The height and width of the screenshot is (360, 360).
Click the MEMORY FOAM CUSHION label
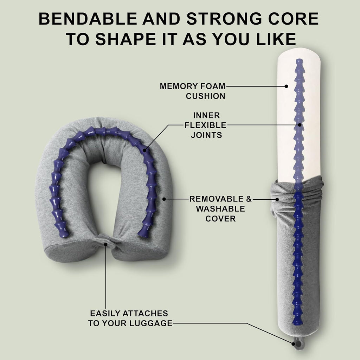[x=192, y=91]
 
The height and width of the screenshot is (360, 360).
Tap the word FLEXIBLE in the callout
[x=206, y=125]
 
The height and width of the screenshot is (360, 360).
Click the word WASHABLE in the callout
[x=220, y=208]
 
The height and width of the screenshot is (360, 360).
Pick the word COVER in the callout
[x=220, y=218]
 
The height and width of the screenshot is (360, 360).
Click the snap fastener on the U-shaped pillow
[x=105, y=243]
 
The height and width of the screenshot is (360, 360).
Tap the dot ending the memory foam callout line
[x=287, y=86]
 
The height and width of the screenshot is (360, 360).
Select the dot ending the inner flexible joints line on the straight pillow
[x=300, y=125]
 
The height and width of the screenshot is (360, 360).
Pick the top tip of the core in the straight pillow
[x=299, y=61]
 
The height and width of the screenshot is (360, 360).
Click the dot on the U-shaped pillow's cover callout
[x=164, y=199]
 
